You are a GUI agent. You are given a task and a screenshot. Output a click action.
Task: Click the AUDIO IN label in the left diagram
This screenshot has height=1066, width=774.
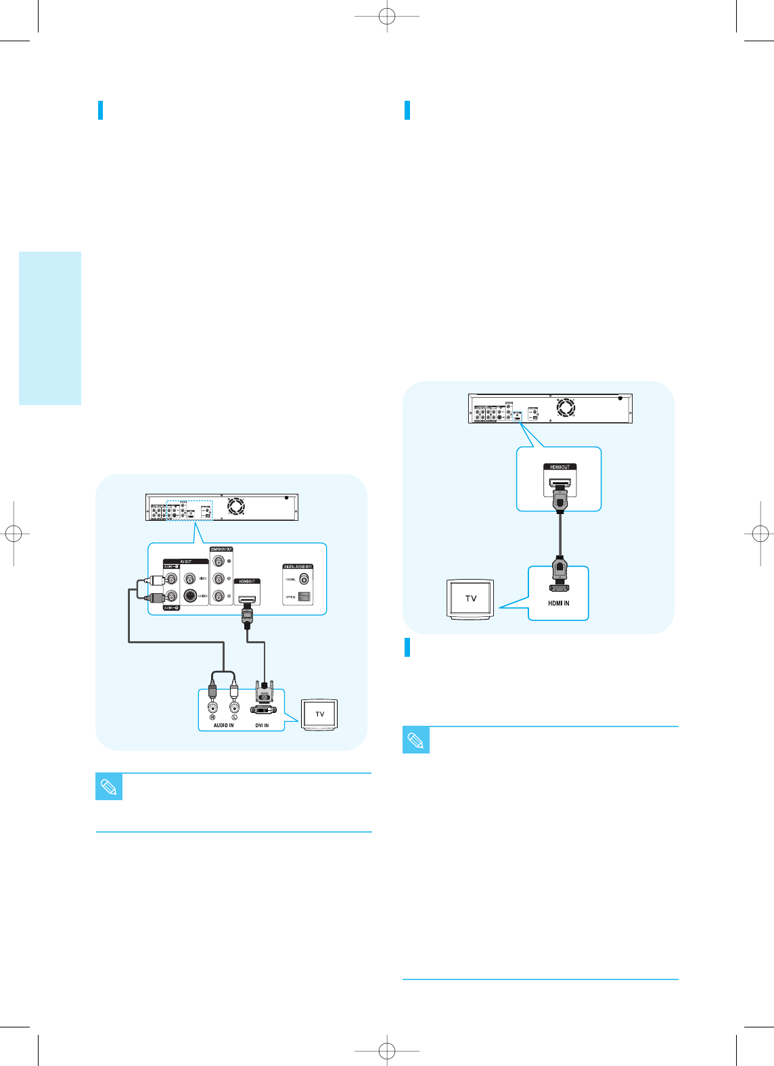[x=223, y=725]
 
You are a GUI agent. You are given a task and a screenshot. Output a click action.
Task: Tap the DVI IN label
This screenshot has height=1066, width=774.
[x=262, y=725]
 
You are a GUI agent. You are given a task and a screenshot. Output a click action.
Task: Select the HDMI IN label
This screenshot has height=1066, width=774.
[x=558, y=603]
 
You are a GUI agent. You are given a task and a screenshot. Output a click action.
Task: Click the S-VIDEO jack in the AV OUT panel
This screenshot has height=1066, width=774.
[x=190, y=596]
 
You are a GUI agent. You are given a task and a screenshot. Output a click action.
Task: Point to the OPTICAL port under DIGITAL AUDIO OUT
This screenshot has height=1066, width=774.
[x=304, y=597]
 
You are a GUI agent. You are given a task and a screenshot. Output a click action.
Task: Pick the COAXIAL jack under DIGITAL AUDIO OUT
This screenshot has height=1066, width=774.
[x=304, y=579]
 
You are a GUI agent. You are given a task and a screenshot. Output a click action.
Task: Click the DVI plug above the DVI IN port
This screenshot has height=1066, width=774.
[x=264, y=694]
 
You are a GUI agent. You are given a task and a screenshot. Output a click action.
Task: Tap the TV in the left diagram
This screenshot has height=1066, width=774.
[x=319, y=715]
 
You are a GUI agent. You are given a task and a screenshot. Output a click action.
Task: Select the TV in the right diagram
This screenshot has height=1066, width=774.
[x=471, y=599]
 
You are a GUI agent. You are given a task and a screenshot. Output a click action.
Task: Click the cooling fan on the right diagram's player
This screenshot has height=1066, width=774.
[x=566, y=408]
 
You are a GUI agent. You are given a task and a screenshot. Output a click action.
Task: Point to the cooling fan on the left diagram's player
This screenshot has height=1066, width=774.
[x=235, y=506]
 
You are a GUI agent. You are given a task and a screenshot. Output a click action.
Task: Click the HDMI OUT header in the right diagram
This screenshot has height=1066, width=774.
[x=560, y=467]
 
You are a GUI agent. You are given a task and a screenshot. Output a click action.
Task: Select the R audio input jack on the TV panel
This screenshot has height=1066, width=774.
[x=212, y=708]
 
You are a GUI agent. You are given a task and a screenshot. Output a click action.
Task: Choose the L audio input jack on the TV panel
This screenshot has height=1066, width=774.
[x=234, y=708]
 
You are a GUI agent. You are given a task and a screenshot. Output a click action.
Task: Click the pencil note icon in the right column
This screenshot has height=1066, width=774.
[x=416, y=740]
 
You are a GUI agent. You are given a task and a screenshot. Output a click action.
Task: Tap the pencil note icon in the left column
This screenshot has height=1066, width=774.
[x=109, y=787]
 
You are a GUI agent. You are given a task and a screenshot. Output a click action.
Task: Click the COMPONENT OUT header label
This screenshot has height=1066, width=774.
[x=221, y=549]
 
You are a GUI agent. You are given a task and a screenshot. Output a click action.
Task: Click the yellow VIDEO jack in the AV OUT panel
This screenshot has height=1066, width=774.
[x=190, y=578]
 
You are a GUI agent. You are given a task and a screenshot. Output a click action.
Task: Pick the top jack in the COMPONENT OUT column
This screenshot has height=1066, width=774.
[x=219, y=561]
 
